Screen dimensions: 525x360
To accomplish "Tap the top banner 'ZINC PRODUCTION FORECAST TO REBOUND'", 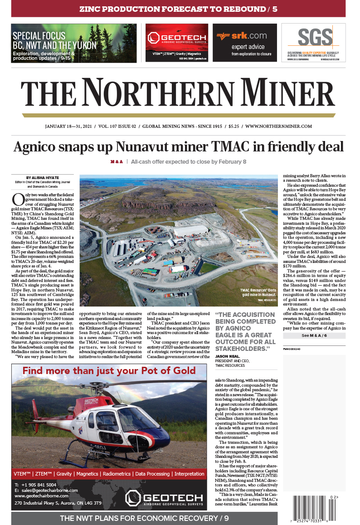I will [178, 9].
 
